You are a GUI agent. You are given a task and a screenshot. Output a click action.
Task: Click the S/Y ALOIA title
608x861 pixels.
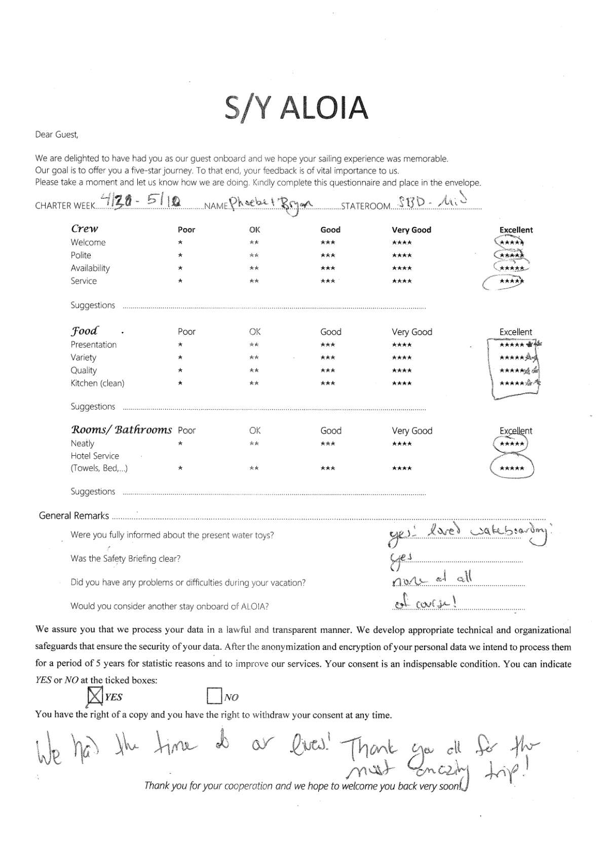(296, 108)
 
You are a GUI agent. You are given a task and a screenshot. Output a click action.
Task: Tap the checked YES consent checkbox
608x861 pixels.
(95, 696)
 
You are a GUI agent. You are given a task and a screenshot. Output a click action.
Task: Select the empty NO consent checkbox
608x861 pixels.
(214, 696)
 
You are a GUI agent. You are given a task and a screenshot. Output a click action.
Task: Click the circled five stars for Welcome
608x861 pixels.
(511, 242)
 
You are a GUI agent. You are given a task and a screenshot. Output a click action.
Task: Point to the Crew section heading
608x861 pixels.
(85, 229)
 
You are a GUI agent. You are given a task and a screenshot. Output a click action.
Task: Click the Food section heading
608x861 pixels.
(85, 331)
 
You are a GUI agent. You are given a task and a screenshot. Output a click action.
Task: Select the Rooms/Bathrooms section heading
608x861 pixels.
(121, 430)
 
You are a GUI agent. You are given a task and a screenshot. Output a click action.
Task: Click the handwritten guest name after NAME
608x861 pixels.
(271, 204)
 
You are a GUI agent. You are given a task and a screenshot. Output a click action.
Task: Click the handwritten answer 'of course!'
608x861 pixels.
(426, 603)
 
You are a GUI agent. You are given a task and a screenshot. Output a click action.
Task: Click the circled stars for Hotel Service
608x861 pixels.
(512, 468)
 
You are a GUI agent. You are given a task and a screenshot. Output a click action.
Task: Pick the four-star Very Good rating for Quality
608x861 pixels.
(402, 371)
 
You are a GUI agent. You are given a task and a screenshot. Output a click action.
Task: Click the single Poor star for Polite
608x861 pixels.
(180, 256)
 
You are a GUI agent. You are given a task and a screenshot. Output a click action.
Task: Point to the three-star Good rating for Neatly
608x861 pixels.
(328, 444)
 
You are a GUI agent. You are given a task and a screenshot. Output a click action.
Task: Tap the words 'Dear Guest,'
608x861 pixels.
(57, 135)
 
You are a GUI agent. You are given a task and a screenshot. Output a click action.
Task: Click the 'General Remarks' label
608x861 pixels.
(74, 516)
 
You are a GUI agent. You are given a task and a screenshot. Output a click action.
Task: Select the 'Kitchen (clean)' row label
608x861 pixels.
(97, 383)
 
